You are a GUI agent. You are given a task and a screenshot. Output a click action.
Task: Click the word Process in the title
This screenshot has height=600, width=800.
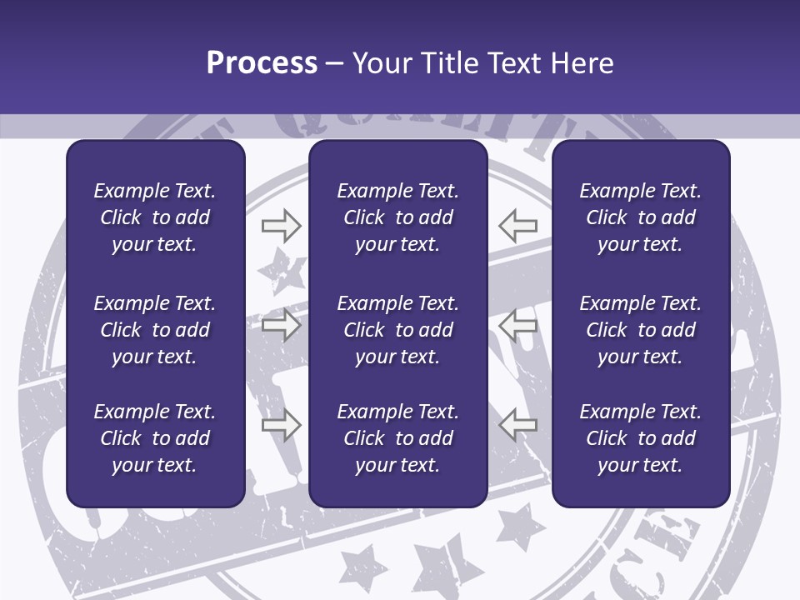[262, 63]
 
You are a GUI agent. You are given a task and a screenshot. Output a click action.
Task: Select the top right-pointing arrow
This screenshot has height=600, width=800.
[281, 225]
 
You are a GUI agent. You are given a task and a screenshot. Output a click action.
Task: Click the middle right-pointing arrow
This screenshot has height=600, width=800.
[281, 325]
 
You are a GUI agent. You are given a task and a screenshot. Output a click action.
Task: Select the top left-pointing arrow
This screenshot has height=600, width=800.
[518, 225]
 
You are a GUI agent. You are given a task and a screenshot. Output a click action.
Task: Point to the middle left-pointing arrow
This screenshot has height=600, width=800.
[518, 325]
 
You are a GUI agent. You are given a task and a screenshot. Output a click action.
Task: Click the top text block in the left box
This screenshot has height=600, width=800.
[155, 217]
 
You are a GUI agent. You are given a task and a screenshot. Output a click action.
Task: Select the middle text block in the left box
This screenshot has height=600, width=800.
[155, 330]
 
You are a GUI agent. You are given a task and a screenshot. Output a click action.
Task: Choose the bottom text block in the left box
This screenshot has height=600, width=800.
[155, 438]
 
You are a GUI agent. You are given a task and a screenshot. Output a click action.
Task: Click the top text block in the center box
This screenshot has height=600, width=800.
[397, 217]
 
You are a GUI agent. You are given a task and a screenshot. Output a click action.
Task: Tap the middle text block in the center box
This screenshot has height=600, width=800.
[397, 330]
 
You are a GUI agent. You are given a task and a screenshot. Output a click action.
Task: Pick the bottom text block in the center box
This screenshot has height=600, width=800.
[397, 438]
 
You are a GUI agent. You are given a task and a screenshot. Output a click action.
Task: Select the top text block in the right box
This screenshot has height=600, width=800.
[640, 217]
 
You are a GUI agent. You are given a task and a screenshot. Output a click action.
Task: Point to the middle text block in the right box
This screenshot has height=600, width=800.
[640, 330]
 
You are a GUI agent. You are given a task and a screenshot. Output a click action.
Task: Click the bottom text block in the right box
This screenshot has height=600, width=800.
[640, 438]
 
